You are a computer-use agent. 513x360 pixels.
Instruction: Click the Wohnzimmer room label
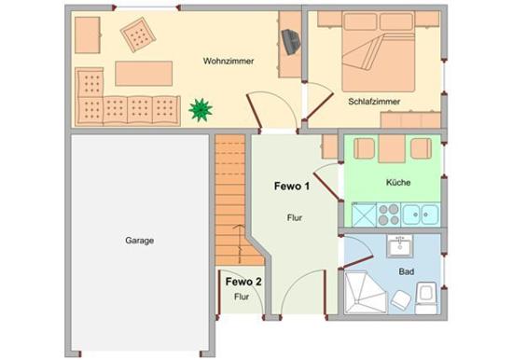tap(229, 62)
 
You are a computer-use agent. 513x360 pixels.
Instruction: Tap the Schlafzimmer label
tap(374, 102)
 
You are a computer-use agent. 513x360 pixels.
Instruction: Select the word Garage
tap(139, 241)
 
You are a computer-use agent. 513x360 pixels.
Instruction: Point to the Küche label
tap(398, 182)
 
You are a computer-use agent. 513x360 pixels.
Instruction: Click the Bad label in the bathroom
tap(407, 271)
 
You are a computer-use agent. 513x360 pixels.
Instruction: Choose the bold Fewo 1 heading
tap(292, 187)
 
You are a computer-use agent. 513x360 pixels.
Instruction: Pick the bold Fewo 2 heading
tap(243, 282)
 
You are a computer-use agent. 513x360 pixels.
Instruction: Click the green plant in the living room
tap(201, 110)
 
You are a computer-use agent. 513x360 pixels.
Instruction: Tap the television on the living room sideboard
tap(291, 42)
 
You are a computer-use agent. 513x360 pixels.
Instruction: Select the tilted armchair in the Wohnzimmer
tap(138, 35)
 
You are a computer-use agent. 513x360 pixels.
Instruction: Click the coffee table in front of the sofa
tap(144, 74)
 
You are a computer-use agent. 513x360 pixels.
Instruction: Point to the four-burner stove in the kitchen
tap(389, 215)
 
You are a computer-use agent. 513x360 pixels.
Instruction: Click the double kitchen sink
tap(421, 215)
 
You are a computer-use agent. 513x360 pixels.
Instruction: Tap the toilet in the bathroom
tap(426, 298)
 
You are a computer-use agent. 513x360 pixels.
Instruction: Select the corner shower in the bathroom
tap(366, 292)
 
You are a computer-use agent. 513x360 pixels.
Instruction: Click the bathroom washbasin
tap(399, 246)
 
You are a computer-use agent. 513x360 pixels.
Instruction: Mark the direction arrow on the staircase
tap(240, 243)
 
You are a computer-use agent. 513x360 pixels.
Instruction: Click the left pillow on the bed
tap(361, 21)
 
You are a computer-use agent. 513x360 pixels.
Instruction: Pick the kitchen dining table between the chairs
tap(392, 149)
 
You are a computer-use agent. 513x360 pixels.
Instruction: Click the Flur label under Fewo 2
tap(242, 297)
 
